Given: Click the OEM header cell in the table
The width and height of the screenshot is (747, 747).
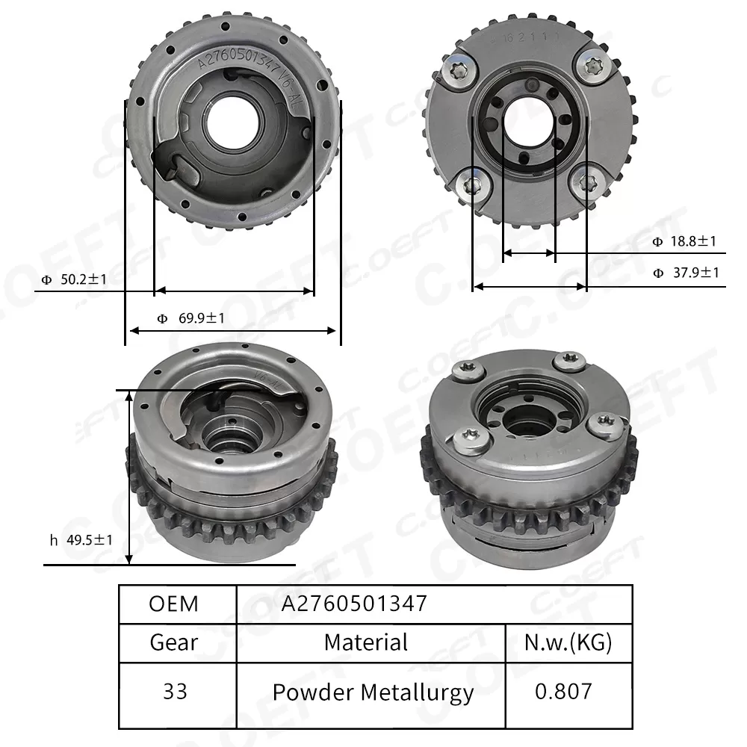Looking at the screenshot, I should coord(174,604).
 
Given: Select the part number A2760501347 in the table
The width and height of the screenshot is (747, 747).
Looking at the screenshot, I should coord(353,604).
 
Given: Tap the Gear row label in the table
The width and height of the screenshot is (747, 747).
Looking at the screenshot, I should coord(174,642).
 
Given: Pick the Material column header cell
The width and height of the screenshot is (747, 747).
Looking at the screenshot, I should coord(366,642).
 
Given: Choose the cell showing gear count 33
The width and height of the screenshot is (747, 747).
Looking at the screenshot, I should coord(174,692).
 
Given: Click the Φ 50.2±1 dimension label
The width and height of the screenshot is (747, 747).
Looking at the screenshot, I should coord(75,280).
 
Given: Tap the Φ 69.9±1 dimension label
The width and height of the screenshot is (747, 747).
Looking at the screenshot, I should coord(191,319).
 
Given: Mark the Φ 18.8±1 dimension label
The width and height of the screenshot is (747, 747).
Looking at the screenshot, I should coord(684,241).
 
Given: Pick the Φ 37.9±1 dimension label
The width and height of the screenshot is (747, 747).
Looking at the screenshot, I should coord(684,273).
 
